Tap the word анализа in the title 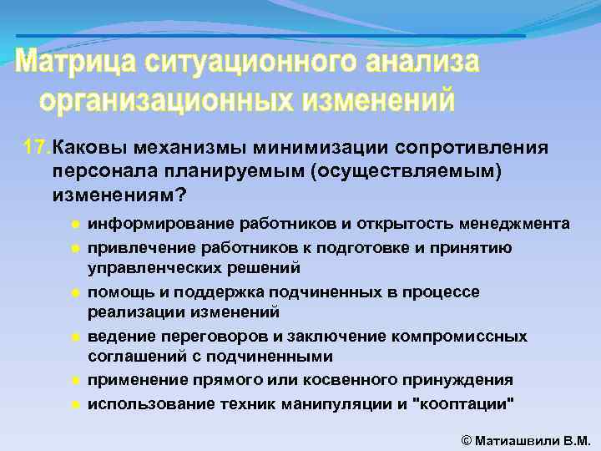tap(420, 63)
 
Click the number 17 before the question tap(37, 148)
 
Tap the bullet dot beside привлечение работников tap(75, 249)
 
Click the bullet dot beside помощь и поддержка tap(75, 293)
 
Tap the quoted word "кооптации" tap(463, 403)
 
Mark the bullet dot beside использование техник tap(75, 403)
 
